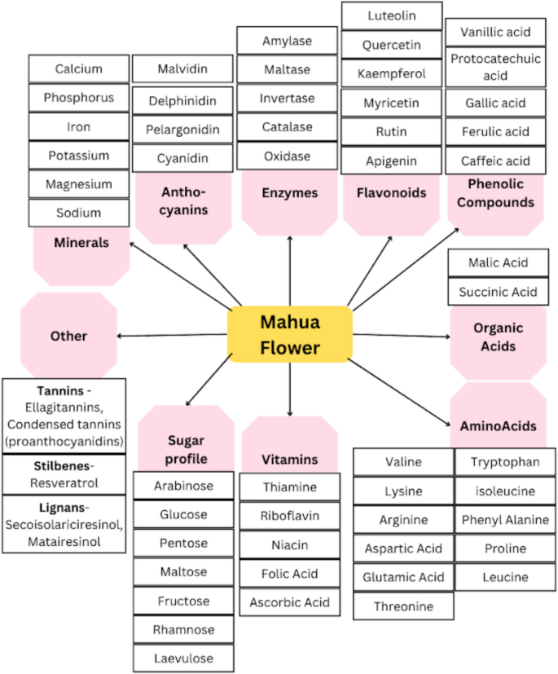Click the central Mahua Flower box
click(x=289, y=334)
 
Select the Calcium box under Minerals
click(x=79, y=68)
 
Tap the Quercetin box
click(x=392, y=45)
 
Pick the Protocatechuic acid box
click(x=496, y=67)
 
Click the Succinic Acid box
click(x=498, y=292)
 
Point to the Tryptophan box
click(x=505, y=462)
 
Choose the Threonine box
click(x=403, y=606)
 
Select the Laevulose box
click(x=183, y=658)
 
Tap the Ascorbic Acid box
click(x=289, y=602)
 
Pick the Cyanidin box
click(x=182, y=158)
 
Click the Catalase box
click(x=287, y=127)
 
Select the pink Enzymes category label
click(x=290, y=193)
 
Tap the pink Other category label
click(x=68, y=336)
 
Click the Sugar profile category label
click(x=186, y=449)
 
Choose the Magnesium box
click(x=79, y=184)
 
